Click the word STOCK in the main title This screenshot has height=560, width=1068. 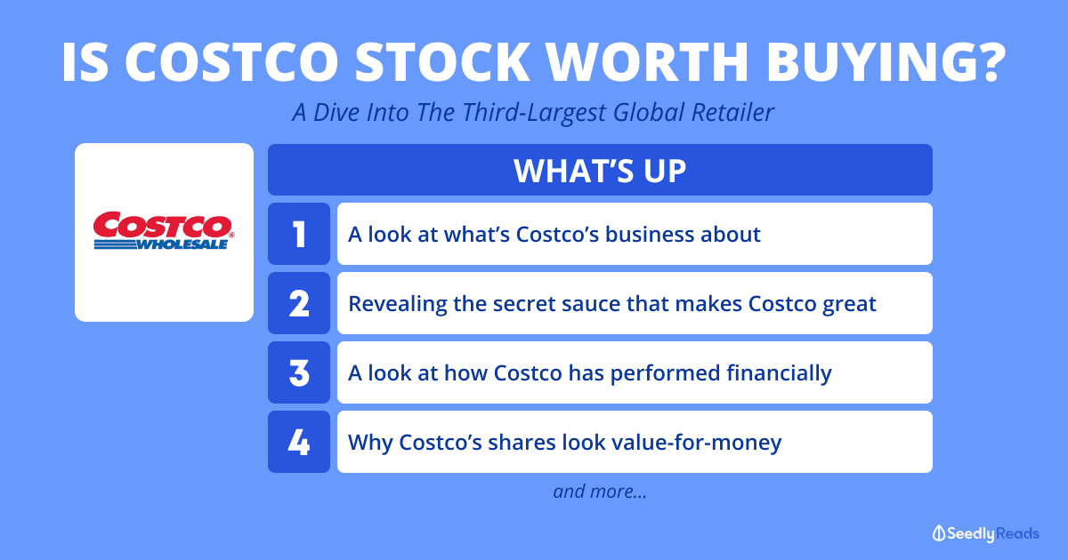(x=442, y=62)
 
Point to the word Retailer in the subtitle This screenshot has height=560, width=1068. (x=732, y=112)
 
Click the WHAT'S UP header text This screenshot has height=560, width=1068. (x=600, y=171)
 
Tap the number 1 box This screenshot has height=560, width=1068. (x=299, y=234)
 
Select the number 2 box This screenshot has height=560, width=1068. (x=299, y=303)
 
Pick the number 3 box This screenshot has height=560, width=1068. (x=299, y=372)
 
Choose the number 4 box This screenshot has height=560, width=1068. (x=299, y=442)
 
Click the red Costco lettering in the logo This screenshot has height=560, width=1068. (x=163, y=225)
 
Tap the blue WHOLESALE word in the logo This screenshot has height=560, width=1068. (x=182, y=244)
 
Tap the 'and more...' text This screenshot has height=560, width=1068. (x=600, y=492)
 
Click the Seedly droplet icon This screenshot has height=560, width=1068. (x=939, y=533)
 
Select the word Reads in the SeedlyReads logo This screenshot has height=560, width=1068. (x=1017, y=533)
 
